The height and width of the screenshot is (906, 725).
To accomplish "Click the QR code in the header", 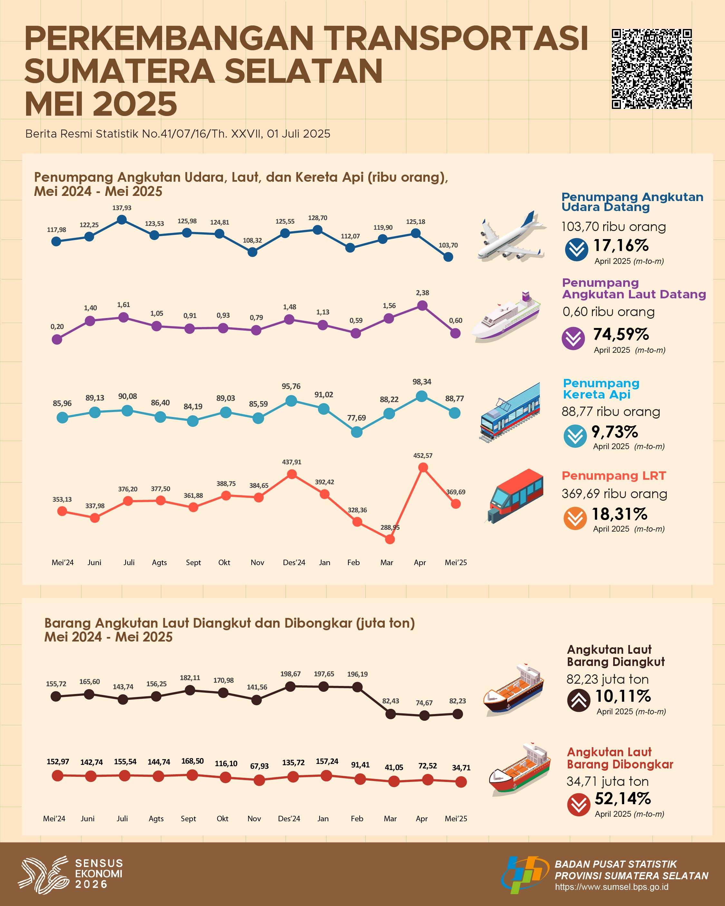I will tap(652, 69).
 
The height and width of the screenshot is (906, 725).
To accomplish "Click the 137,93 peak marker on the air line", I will tap(121, 219).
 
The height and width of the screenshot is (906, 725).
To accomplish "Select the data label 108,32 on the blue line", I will tap(252, 240).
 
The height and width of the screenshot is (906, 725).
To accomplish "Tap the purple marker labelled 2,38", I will tap(422, 305).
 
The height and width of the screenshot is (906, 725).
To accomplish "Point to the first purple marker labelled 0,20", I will tap(57, 339).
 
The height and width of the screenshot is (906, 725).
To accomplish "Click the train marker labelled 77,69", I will tap(356, 432).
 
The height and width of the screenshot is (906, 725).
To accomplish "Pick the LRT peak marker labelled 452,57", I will tap(423, 467).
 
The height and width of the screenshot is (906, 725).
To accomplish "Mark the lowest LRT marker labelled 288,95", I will tap(390, 539).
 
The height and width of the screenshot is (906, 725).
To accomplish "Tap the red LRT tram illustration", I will tap(515, 496).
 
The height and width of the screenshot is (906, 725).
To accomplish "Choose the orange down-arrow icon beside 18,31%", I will tap(575, 518).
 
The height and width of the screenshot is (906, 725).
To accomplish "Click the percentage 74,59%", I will tap(621, 334).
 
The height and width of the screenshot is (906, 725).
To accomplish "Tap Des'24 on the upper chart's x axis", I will tap(294, 562).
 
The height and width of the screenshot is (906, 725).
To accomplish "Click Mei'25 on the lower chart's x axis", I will tap(456, 818).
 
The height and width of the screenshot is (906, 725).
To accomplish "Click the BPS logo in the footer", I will tap(524, 875).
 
